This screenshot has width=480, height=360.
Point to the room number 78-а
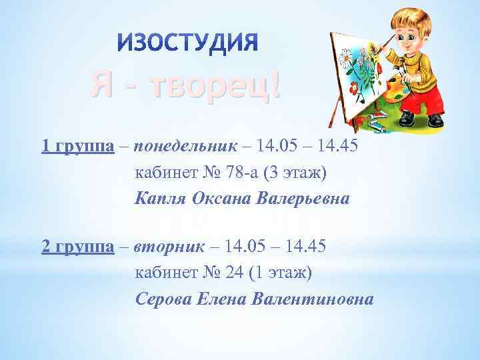click(243, 173)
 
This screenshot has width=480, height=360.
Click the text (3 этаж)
click(296, 173)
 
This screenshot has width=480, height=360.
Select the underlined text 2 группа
click(75, 247)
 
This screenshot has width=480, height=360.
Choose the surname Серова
click(163, 299)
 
